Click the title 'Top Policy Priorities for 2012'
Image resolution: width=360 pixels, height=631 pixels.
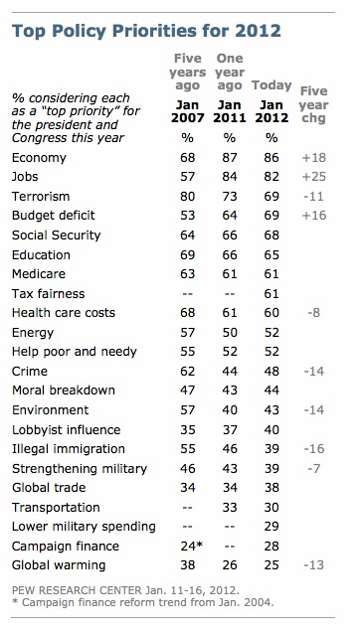pos(146,31)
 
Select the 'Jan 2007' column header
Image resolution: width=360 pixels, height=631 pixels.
pos(188,111)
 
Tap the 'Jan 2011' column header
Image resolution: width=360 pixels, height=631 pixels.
pos(230,111)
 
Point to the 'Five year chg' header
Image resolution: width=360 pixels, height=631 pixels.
pos(313,105)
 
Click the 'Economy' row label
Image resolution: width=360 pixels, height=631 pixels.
pos(39,158)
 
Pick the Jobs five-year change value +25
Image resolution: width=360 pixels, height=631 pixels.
pos(314,177)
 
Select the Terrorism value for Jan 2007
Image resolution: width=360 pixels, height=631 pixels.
pos(188,197)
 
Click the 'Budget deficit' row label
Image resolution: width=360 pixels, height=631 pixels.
pos(54,216)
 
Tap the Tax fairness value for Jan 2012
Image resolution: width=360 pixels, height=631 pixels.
pos(271,294)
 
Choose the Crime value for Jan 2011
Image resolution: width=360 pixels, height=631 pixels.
pos(230,371)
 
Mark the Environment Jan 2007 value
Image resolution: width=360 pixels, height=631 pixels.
pos(188,410)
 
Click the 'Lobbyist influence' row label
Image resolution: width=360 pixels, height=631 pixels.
pos(67,430)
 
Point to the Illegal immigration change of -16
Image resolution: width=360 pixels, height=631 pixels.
pos(314,449)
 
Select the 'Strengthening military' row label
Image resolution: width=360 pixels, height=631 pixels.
pos(80,469)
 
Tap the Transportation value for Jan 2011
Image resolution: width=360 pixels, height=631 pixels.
pos(230,508)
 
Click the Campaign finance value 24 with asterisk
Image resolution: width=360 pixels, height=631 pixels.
pos(191,547)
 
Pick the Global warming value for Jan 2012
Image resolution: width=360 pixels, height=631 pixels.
pos(271,565)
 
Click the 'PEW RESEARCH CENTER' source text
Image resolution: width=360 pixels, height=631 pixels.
pos(77,591)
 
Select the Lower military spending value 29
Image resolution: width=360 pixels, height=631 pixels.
pos(271,527)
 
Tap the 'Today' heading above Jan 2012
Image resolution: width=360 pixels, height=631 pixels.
pos(271,85)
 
